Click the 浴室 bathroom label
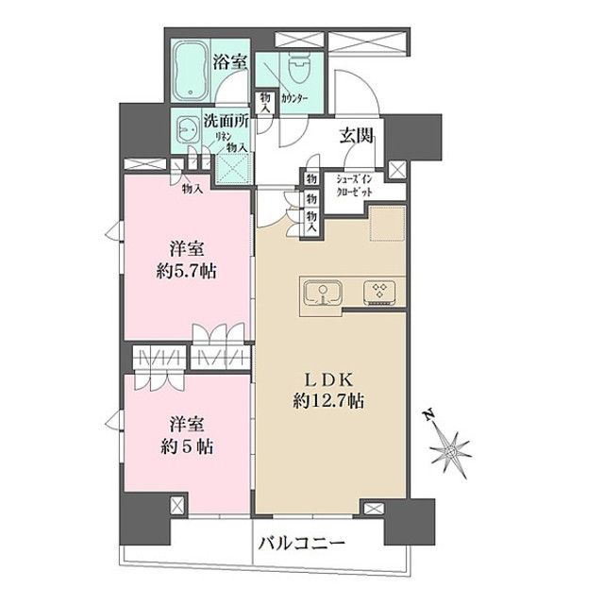229,63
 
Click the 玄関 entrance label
356,135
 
